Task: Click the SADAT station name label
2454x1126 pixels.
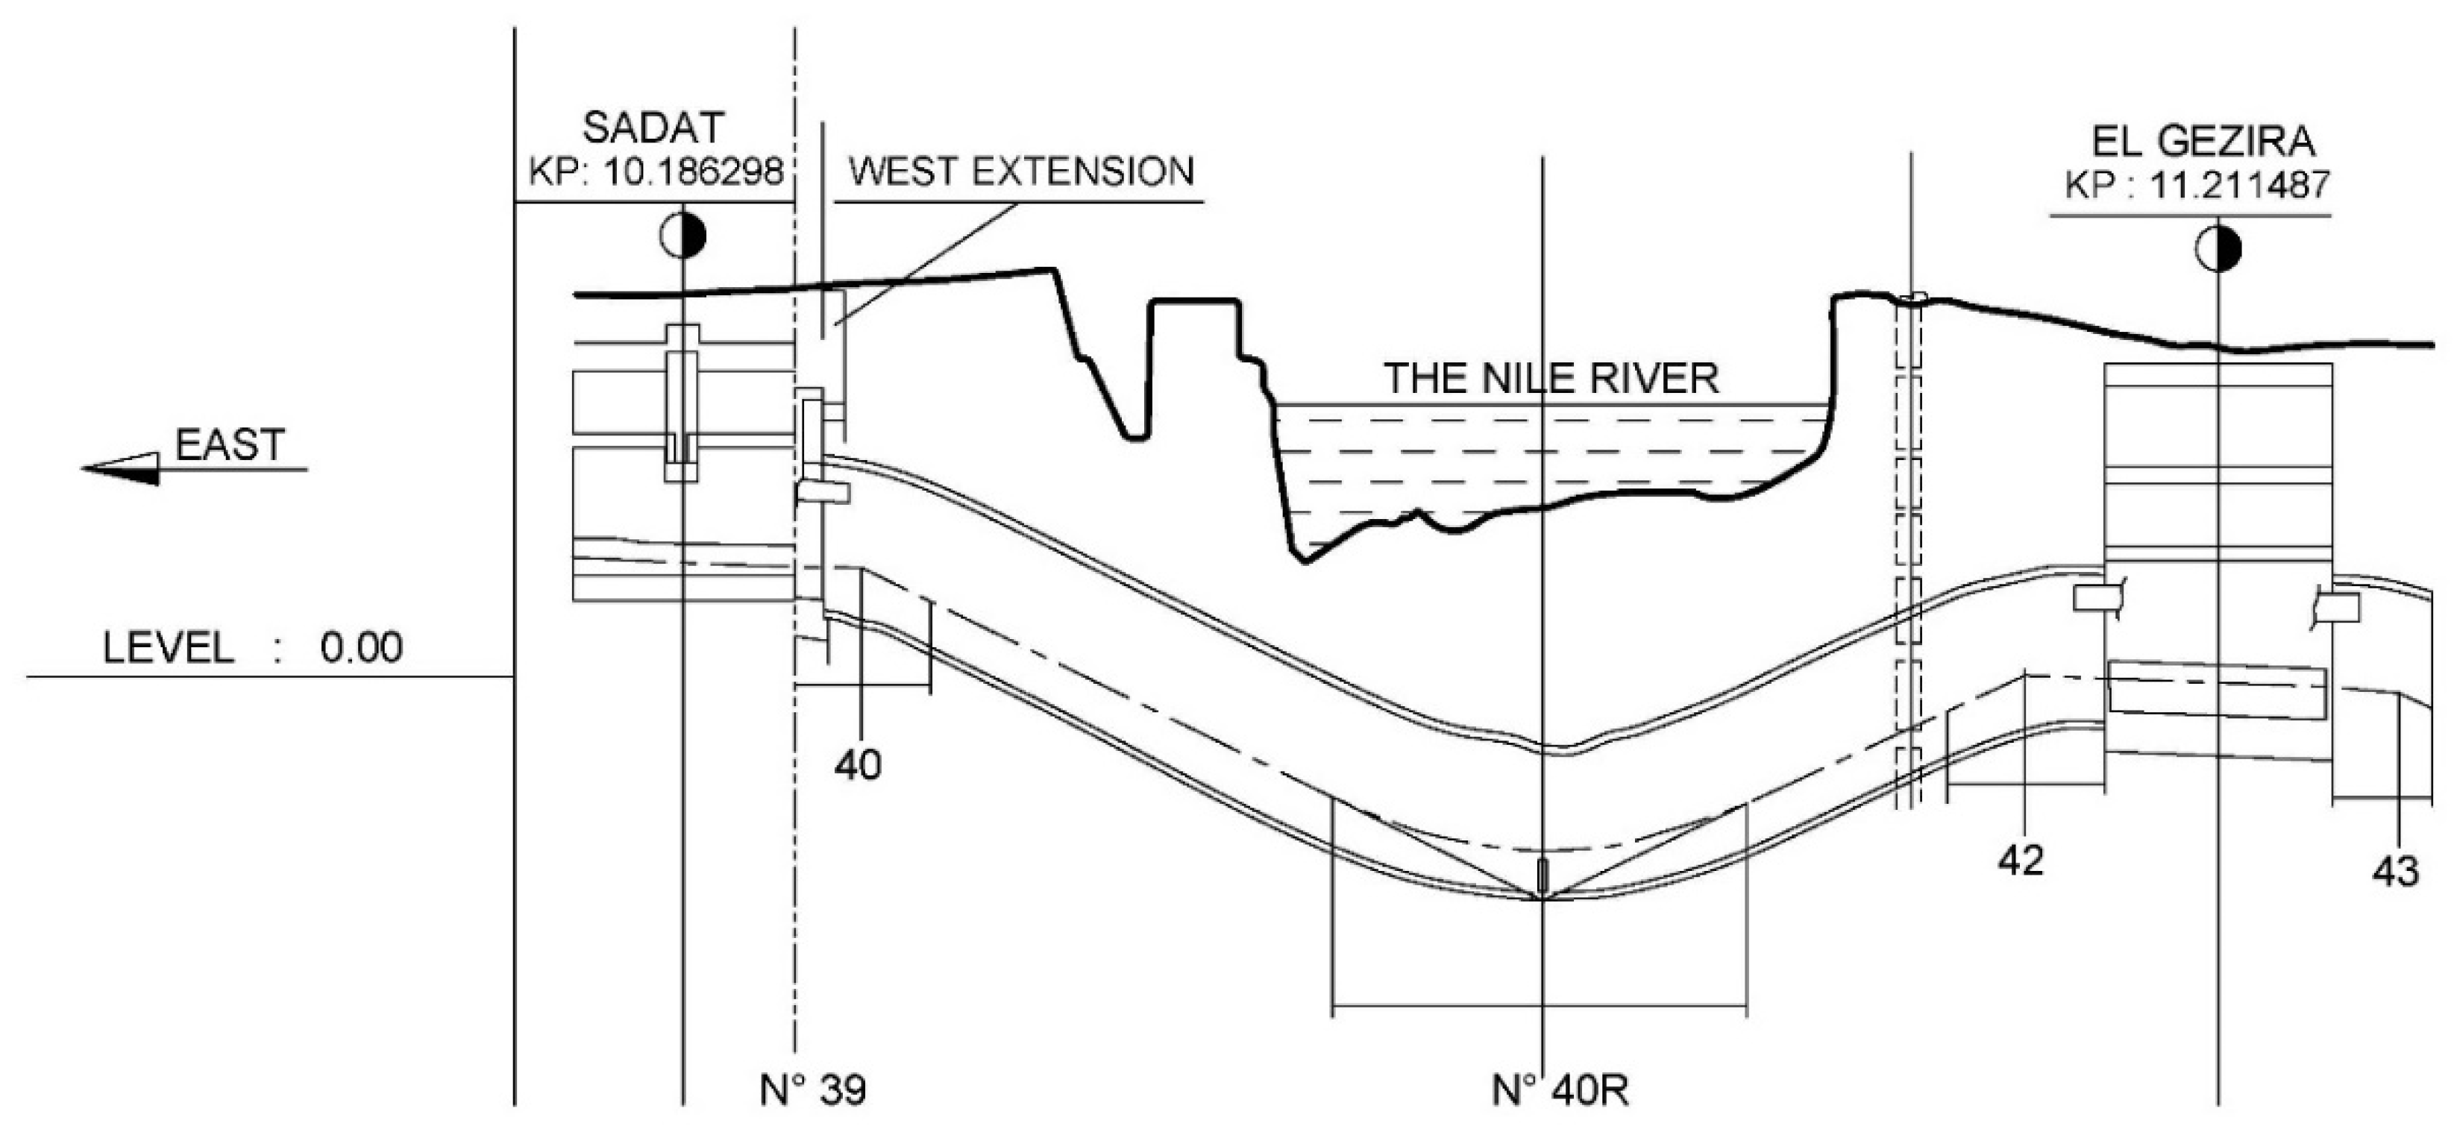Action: pyautogui.click(x=653, y=128)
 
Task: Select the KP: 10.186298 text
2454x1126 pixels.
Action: pyautogui.click(x=656, y=172)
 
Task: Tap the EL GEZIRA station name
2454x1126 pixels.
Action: pyautogui.click(x=2203, y=141)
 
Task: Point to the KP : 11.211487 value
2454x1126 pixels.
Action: pyautogui.click(x=2197, y=185)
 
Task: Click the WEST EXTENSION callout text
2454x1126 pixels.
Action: pyautogui.click(x=1020, y=172)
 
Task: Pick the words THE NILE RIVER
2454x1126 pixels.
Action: pyautogui.click(x=1551, y=378)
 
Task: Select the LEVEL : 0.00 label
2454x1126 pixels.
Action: pyautogui.click(x=252, y=648)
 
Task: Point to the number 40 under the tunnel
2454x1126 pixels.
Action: pyautogui.click(x=857, y=764)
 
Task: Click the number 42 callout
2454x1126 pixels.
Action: pyautogui.click(x=2020, y=861)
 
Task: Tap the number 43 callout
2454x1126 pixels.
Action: pyautogui.click(x=2394, y=871)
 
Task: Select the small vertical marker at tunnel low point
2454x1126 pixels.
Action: pyautogui.click(x=1543, y=872)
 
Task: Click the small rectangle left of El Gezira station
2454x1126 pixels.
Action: pyautogui.click(x=2096, y=598)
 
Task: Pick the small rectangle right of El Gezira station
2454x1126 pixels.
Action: pyautogui.click(x=2336, y=607)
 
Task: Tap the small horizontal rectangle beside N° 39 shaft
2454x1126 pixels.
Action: pyautogui.click(x=823, y=491)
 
